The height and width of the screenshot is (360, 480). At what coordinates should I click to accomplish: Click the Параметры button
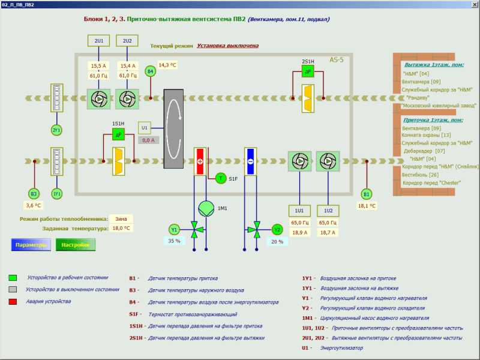31,245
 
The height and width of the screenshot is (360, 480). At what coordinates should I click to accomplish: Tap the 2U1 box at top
99,41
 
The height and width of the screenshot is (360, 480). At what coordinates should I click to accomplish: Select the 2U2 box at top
127,41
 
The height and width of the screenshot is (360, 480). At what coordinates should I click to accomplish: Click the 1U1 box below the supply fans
299,211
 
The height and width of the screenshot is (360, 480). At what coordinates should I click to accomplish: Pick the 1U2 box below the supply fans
328,211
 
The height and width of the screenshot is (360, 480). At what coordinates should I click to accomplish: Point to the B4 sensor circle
151,71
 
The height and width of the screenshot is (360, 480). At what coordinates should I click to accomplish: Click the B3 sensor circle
34,193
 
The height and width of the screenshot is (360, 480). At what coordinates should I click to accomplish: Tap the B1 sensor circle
366,194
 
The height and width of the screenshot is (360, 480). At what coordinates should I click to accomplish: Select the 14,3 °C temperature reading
167,65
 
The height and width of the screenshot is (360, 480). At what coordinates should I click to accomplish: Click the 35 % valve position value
174,241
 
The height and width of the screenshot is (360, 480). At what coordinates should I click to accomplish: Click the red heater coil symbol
200,161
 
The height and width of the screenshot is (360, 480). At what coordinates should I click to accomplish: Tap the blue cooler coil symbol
250,161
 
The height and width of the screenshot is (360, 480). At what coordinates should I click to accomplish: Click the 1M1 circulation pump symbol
206,208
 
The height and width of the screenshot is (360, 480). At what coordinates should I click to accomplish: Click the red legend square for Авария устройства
13,301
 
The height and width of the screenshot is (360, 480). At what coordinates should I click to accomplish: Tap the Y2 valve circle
277,229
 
